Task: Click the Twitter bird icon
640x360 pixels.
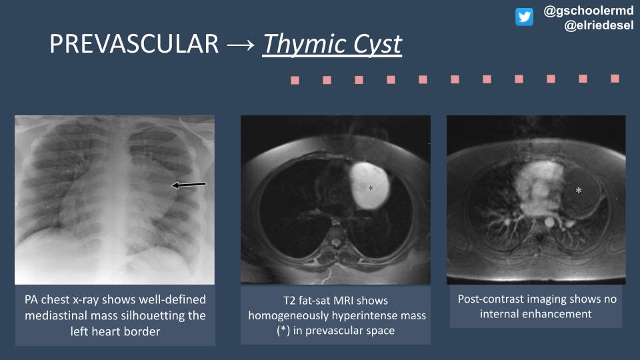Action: [524, 17]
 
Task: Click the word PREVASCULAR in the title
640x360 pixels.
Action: [134, 45]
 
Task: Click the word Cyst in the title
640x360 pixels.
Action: [378, 45]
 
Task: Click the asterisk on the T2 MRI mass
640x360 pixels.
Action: [371, 189]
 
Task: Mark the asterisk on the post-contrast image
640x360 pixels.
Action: [579, 191]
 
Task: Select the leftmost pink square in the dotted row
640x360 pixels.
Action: [295, 81]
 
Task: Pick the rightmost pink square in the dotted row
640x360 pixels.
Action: [615, 79]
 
